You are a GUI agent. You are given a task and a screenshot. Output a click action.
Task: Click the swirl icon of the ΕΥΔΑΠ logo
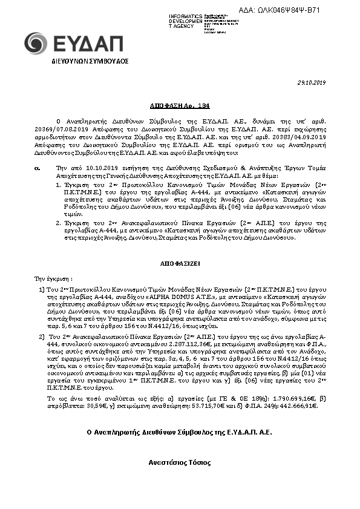pos(35,44)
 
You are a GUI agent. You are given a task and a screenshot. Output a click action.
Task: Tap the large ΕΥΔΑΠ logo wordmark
pos(87,44)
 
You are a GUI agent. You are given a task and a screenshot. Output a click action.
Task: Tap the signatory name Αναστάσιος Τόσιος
pos(180,463)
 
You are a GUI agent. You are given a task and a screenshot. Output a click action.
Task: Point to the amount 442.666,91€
pos(296,406)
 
